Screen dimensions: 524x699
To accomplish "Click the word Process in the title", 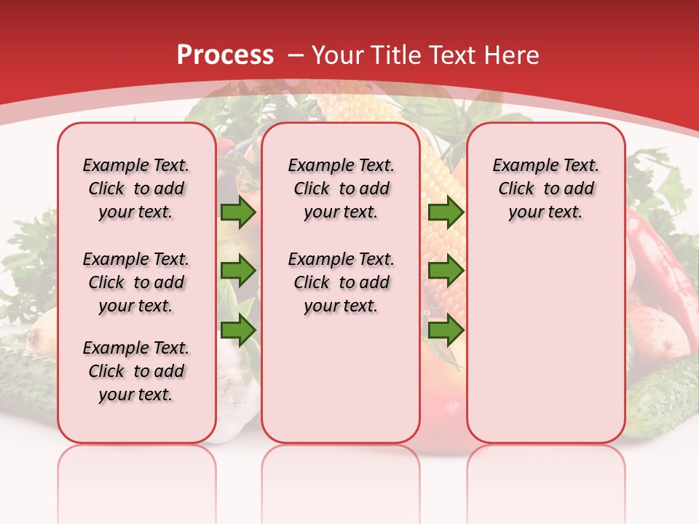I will point(225,55).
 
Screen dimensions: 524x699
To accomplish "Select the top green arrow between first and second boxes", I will point(238,213).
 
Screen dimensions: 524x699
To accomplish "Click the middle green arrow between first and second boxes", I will point(238,271).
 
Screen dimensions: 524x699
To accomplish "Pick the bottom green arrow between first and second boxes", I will point(238,330).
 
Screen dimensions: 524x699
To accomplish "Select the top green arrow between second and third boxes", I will point(446,213).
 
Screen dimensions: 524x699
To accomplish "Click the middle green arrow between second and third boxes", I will point(446,271).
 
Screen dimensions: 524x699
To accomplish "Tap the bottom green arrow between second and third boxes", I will point(446,330).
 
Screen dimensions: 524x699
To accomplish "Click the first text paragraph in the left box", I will point(136,188).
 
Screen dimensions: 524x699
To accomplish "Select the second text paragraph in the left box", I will point(136,282).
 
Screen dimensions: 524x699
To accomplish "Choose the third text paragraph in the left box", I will point(136,371).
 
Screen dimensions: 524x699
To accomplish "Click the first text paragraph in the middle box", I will point(341,188).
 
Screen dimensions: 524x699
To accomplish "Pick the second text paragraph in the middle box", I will point(341,282).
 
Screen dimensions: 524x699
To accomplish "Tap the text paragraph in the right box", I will point(545,188).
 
